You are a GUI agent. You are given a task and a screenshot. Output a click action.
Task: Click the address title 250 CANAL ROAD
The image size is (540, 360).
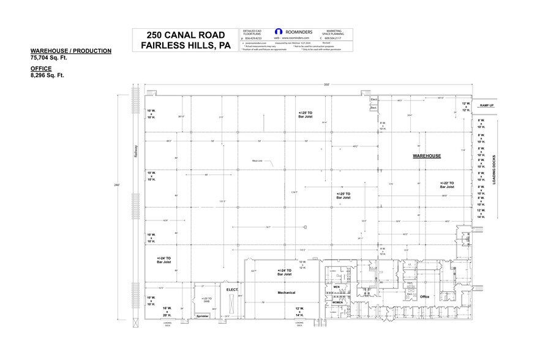tap(182, 35)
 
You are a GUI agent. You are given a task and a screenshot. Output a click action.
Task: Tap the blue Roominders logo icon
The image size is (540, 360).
tap(279, 32)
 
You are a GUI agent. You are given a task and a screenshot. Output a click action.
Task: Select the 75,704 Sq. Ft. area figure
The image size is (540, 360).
tap(48, 57)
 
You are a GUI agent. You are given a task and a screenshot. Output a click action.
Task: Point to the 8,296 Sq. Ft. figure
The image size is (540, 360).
tap(47, 75)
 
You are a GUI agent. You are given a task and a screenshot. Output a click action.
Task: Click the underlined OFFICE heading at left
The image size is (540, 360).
tap(41, 69)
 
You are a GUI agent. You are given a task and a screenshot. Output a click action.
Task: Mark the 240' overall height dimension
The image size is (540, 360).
tap(118, 184)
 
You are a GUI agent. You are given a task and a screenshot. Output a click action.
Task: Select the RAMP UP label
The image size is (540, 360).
tap(487, 106)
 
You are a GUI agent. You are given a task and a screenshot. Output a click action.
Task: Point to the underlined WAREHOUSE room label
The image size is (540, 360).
tap(427, 156)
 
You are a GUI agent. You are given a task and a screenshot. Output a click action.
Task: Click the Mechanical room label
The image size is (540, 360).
tap(287, 293)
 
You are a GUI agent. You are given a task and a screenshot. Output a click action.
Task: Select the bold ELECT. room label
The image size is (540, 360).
tap(232, 289)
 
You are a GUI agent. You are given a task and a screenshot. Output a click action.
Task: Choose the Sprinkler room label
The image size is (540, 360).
tap(202, 315)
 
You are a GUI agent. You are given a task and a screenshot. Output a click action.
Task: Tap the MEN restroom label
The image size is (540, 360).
tap(336, 287)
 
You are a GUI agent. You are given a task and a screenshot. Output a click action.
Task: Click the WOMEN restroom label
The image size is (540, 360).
tap(337, 302)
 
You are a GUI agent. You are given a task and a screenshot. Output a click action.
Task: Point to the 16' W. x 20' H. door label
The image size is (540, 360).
tap(168, 310)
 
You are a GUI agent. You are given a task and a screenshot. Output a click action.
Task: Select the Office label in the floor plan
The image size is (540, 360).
tap(424, 297)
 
